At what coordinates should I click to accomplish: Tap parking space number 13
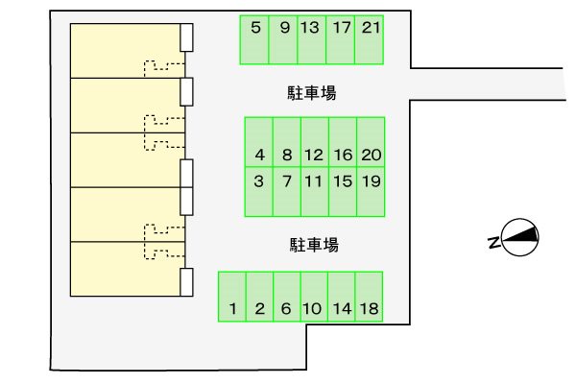(x=309, y=39)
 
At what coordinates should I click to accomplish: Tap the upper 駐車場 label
(x=310, y=93)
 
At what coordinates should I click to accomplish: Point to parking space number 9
(x=284, y=39)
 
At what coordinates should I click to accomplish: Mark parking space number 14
(x=342, y=296)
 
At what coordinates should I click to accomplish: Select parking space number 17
(x=341, y=39)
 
